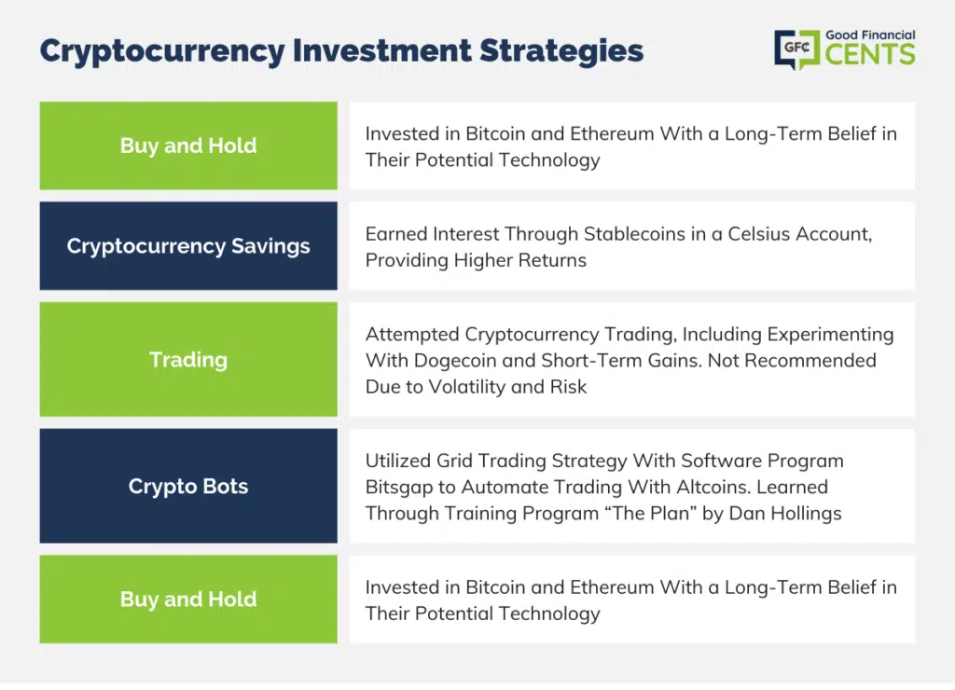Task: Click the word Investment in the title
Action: click(x=381, y=50)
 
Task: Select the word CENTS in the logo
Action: click(x=870, y=55)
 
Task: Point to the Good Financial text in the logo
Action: click(x=870, y=35)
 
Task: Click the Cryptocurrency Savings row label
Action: click(x=188, y=246)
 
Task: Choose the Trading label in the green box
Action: click(x=188, y=360)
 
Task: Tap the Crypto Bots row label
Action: click(x=188, y=486)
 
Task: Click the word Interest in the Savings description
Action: click(x=466, y=234)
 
